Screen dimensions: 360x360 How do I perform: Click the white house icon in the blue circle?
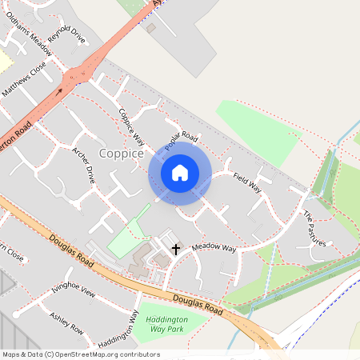(180, 173)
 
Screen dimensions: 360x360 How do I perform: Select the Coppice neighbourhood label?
(122, 153)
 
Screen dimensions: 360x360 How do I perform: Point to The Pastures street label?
(314, 227)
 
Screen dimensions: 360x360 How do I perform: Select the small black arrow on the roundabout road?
(58, 92)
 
